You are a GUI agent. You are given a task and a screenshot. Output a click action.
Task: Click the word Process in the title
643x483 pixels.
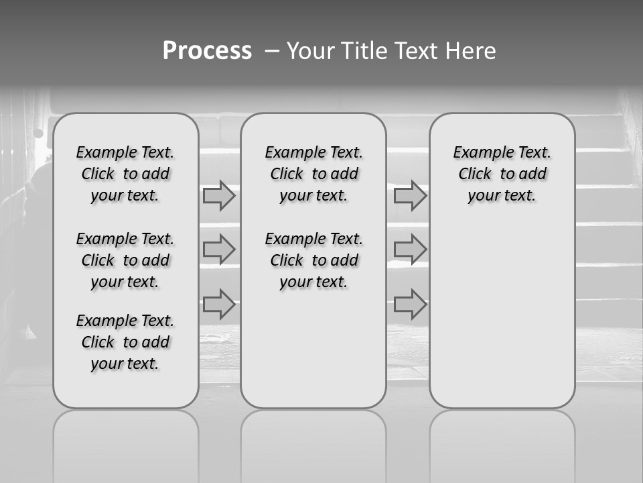[x=207, y=51]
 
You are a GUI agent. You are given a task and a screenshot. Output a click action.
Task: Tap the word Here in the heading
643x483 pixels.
[x=471, y=51]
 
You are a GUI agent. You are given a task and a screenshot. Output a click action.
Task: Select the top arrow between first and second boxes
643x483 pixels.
[x=219, y=196]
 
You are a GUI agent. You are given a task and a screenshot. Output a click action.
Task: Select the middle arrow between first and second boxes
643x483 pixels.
[x=219, y=250]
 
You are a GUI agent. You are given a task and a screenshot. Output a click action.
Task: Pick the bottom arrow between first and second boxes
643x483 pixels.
[x=219, y=304]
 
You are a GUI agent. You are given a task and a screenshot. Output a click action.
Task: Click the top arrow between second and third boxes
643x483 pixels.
[x=410, y=196]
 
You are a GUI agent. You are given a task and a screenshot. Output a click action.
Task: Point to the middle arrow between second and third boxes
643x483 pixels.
[x=410, y=250]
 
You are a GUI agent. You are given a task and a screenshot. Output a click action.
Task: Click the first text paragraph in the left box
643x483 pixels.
[x=125, y=174]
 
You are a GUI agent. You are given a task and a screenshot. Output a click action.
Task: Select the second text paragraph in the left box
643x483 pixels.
[x=125, y=260]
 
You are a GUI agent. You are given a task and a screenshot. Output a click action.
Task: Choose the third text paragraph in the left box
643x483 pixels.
[x=125, y=342]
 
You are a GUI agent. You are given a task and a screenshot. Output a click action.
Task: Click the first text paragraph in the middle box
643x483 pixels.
[x=313, y=174]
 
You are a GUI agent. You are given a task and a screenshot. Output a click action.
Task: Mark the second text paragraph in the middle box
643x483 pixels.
[x=313, y=260]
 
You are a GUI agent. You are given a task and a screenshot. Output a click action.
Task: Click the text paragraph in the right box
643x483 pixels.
[x=502, y=174]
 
